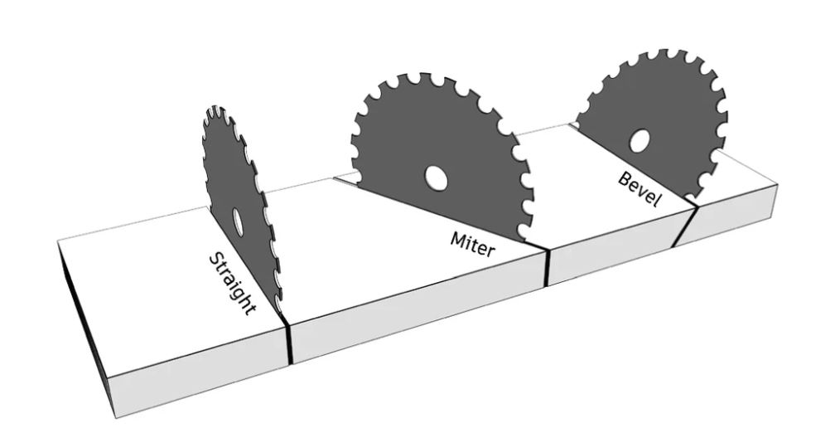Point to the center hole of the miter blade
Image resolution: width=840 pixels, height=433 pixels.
click(433, 177)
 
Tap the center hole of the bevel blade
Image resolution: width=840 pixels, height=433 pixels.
click(640, 141)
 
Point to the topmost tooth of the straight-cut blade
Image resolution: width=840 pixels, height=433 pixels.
click(215, 110)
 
